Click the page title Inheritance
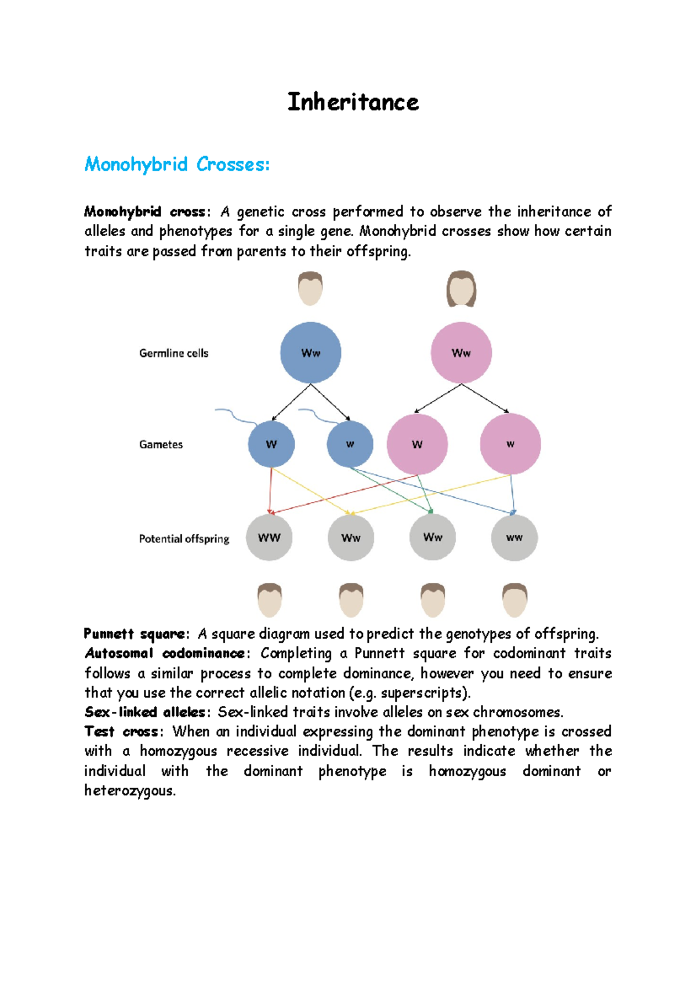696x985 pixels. click(x=353, y=102)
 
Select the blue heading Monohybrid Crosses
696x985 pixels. click(x=177, y=164)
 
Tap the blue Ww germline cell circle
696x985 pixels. click(x=310, y=353)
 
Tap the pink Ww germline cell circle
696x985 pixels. click(x=461, y=353)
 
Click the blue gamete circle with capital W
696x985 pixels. click(x=271, y=444)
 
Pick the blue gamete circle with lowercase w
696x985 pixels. click(x=350, y=444)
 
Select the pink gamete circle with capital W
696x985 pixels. click(x=417, y=444)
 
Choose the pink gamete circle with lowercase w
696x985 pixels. click(x=510, y=444)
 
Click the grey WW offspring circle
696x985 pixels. click(x=269, y=538)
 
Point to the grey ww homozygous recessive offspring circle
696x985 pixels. click(x=514, y=538)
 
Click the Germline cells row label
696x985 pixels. click(x=173, y=353)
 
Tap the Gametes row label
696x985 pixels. click(x=161, y=445)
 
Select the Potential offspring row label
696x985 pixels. click(x=184, y=539)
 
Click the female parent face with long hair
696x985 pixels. click(x=461, y=289)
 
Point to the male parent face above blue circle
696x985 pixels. click(x=310, y=288)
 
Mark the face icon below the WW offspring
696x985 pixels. click(x=269, y=600)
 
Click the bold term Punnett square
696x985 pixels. click(x=135, y=633)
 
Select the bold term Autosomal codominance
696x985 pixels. click(x=165, y=653)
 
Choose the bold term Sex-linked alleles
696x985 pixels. click(x=144, y=712)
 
